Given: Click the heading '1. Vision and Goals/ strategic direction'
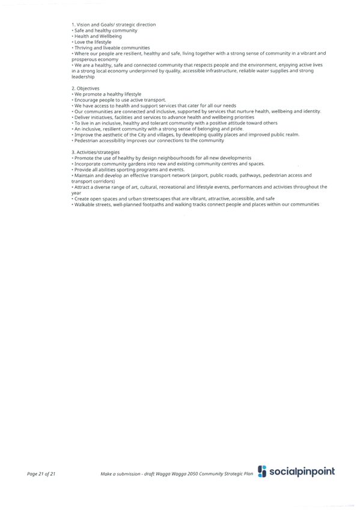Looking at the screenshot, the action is pos(114,25).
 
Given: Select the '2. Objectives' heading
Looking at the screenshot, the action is pos(85,88).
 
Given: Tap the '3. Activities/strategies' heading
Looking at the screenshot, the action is pos(96,152).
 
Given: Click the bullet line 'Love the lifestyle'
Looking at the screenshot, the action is pos(93,42).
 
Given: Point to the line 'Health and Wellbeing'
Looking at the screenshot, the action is pos(98,37).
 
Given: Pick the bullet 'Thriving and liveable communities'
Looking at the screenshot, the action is pos(112,48).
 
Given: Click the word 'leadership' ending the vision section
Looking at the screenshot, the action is pos(83,77).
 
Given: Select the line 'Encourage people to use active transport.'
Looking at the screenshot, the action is pos(120,100).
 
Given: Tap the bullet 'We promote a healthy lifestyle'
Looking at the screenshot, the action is pos(108,94).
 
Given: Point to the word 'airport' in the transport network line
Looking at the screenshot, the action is pos(200,176).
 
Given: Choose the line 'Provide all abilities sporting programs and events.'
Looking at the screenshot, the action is pos(129,170).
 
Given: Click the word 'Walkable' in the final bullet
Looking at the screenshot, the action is pos(84,204).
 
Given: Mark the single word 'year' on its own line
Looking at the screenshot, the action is pos(76,193).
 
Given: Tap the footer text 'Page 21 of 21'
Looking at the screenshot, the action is pos(41,474).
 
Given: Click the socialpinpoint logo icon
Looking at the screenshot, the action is pos(262,472).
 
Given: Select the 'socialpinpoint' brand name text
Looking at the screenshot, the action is pos(302,472).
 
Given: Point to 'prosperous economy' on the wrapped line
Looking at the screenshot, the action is pos(95,60).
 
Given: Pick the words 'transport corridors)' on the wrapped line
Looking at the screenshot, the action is pos(93,182).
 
